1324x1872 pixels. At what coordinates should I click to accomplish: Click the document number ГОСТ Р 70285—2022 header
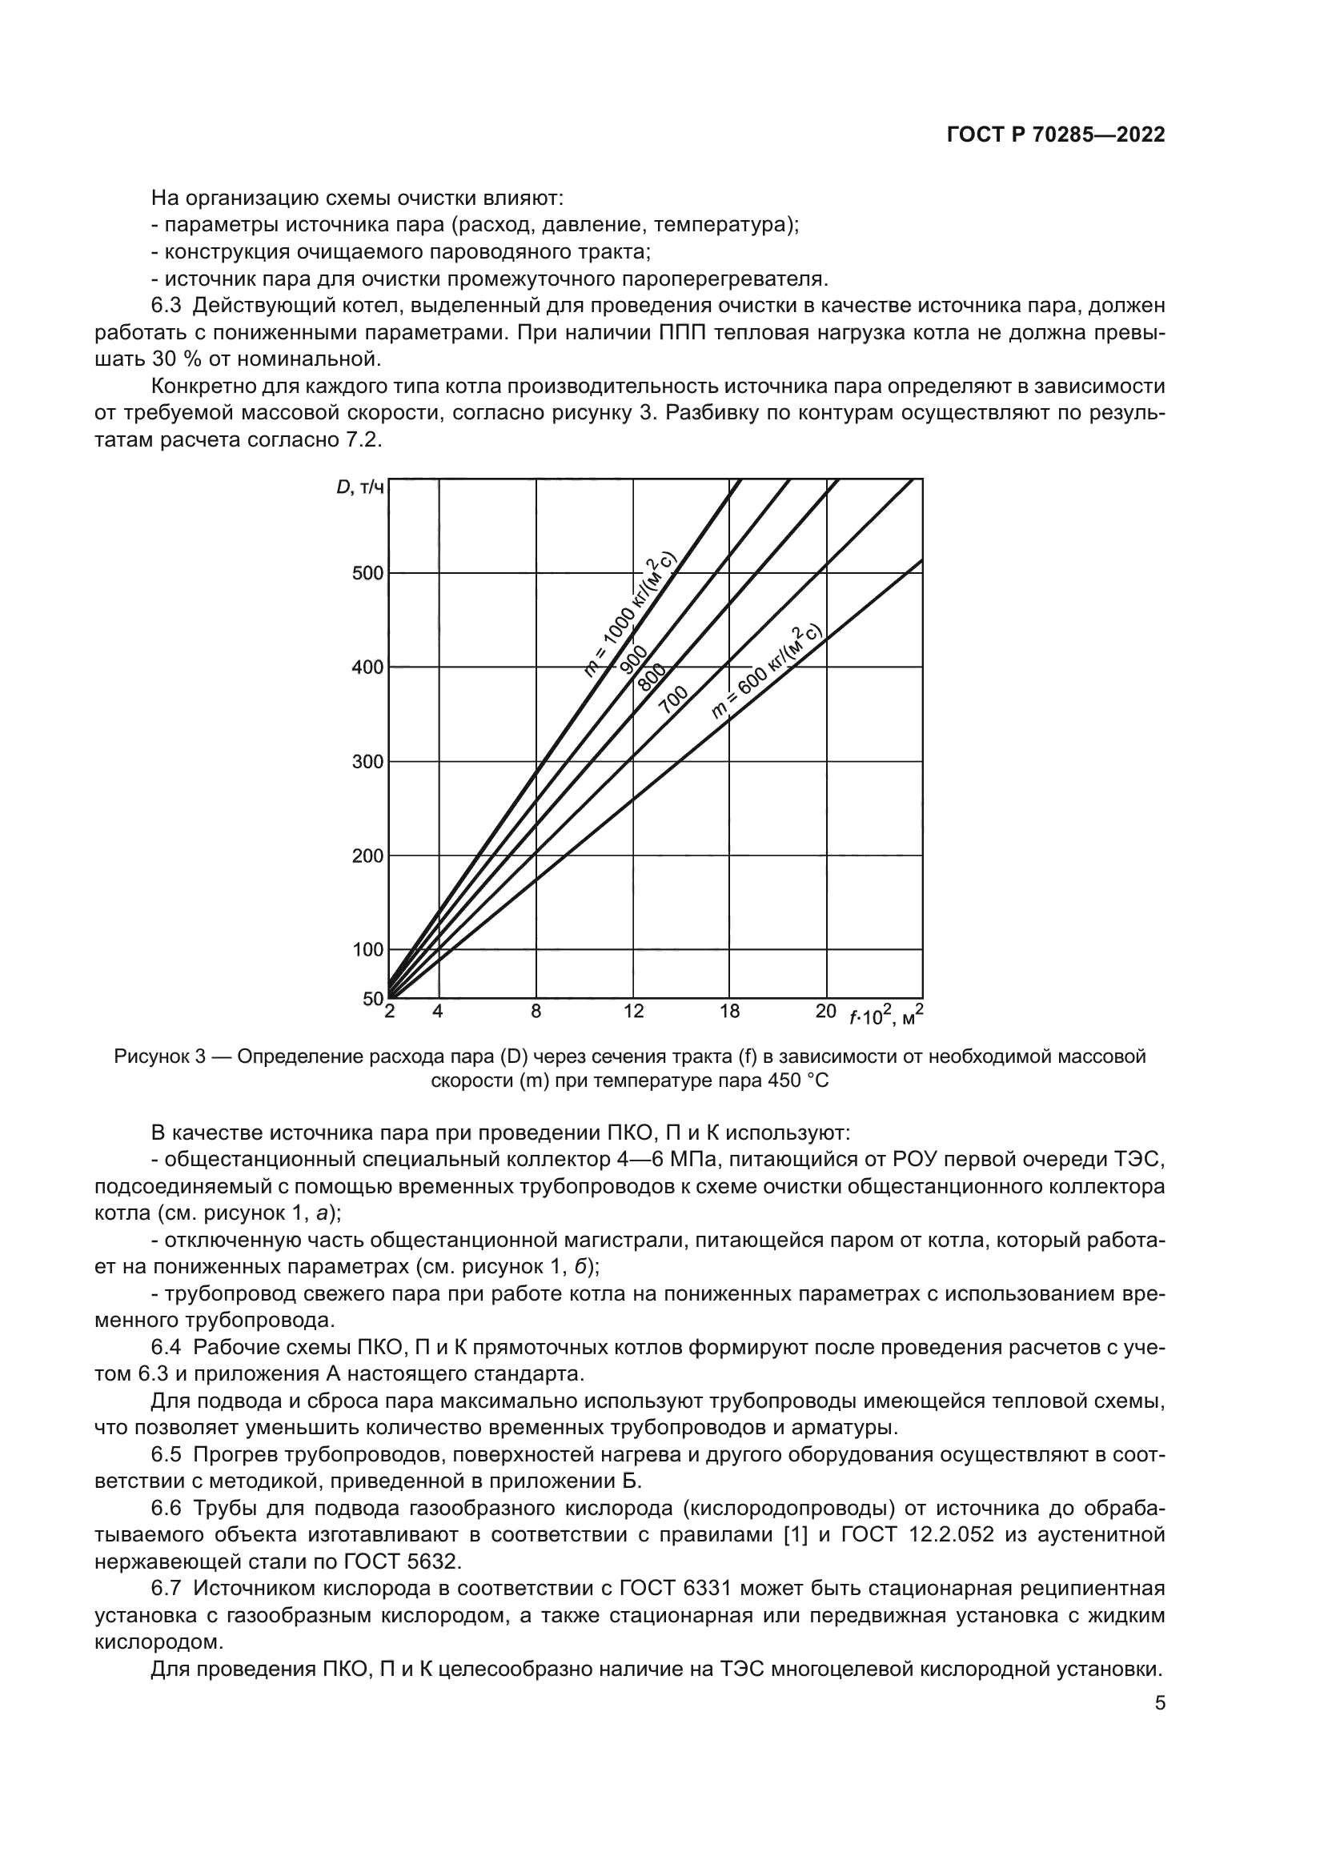(x=1056, y=135)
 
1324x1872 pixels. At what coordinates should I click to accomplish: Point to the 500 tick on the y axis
(x=367, y=573)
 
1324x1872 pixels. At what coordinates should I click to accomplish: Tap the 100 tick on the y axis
(x=367, y=950)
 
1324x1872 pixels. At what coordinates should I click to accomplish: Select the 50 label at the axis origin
(x=372, y=999)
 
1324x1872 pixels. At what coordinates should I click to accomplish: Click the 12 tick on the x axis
(x=633, y=1012)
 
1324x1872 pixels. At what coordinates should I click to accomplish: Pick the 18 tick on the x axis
(x=730, y=1012)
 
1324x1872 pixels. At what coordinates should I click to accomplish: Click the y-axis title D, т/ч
(x=359, y=487)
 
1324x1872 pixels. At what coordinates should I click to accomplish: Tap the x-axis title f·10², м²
(x=885, y=1015)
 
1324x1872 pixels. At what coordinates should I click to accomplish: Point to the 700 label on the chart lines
(x=673, y=700)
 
